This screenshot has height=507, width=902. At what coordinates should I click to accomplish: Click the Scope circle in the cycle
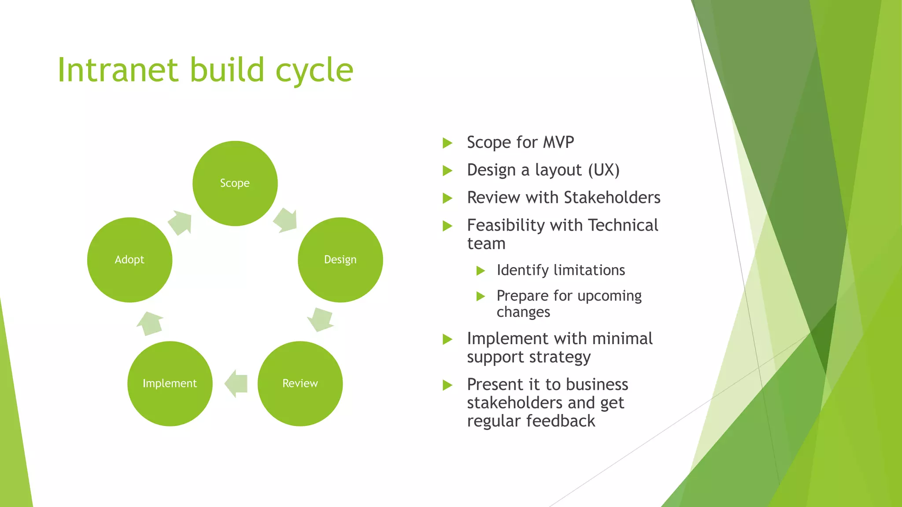pos(235,183)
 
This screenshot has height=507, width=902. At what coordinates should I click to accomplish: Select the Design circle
pos(340,260)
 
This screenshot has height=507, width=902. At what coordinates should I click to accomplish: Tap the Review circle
pos(300,383)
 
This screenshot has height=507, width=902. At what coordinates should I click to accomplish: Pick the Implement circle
pos(170,383)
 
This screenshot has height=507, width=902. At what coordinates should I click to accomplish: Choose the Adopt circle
pos(129,260)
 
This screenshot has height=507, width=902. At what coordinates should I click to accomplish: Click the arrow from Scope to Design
pos(286,220)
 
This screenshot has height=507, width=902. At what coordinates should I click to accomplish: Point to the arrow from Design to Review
pos(320,320)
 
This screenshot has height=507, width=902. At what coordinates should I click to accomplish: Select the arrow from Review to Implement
pos(236,383)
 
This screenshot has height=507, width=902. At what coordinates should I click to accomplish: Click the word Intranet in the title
pos(118,70)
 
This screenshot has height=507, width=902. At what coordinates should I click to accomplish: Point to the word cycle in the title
pos(314,70)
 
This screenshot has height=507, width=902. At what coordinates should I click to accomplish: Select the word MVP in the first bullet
pos(558,143)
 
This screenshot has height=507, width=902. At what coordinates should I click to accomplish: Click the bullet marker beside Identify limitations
pos(481,271)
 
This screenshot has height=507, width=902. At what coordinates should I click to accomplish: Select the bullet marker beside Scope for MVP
pos(447,143)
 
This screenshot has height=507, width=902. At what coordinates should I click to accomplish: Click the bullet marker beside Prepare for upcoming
pos(481,296)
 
